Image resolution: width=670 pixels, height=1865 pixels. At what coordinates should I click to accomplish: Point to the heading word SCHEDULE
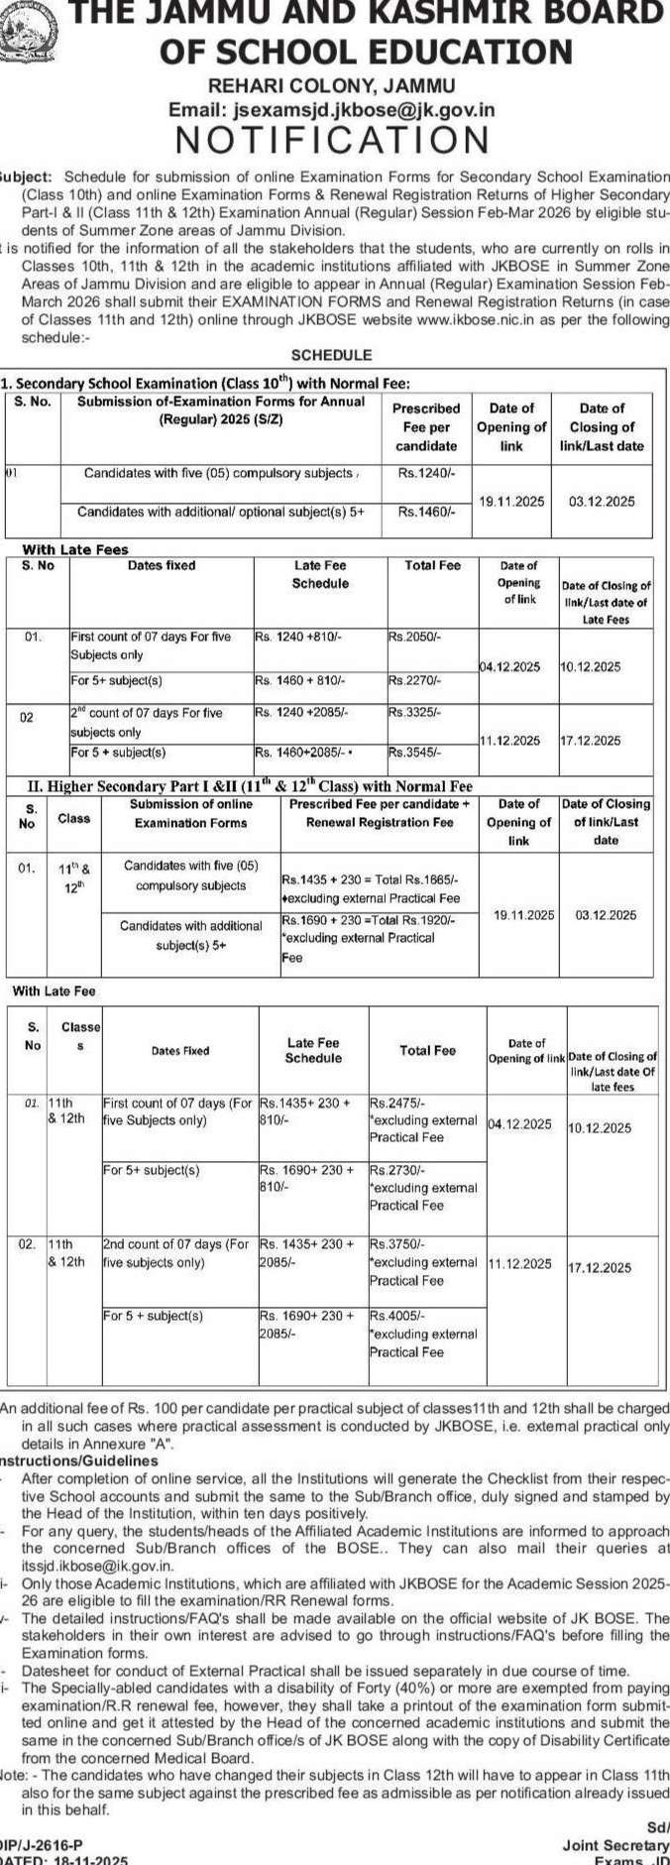click(331, 354)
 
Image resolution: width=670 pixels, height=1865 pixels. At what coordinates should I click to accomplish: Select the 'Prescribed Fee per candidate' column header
click(426, 426)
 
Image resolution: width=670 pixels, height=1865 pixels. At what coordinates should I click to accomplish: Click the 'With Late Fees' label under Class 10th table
click(75, 549)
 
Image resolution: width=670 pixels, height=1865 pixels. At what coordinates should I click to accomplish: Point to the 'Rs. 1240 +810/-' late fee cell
click(297, 637)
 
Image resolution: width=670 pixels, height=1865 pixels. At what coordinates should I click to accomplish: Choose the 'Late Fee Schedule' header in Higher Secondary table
click(313, 1050)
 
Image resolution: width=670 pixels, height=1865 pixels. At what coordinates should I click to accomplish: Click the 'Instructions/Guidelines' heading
click(78, 1460)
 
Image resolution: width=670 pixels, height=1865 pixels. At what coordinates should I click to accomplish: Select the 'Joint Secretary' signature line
click(614, 1844)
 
